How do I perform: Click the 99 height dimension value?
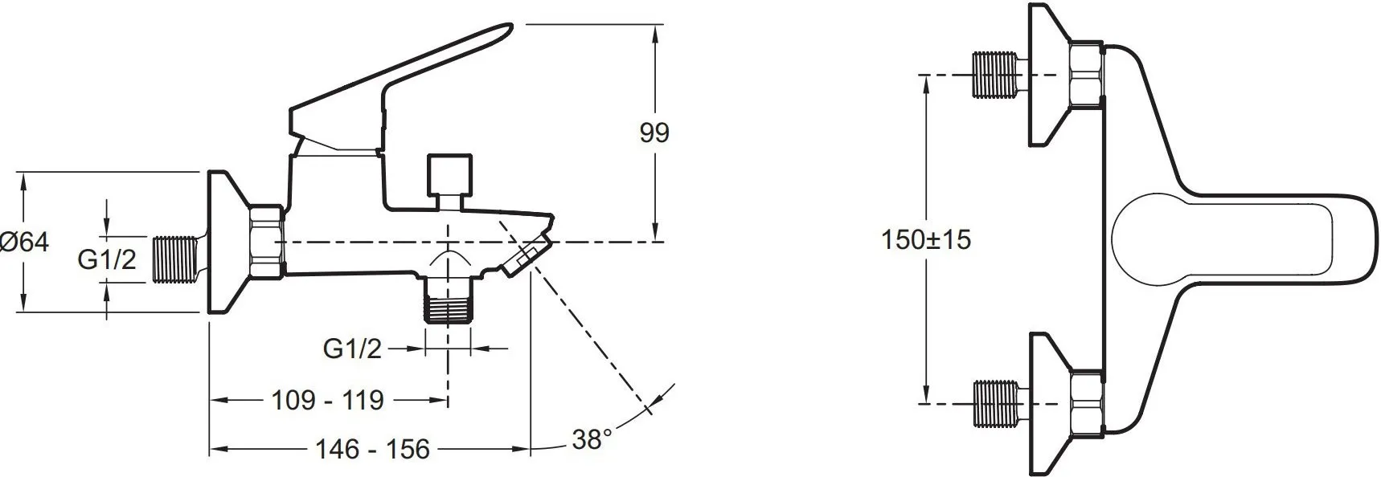click(654, 132)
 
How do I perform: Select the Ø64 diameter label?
click(25, 242)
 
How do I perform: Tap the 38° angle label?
click(592, 439)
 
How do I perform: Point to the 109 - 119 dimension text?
click(327, 399)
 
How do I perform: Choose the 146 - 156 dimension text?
click(372, 448)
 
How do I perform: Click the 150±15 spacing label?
click(926, 239)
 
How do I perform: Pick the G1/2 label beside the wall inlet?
click(107, 259)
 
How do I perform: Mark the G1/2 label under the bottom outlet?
click(352, 349)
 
